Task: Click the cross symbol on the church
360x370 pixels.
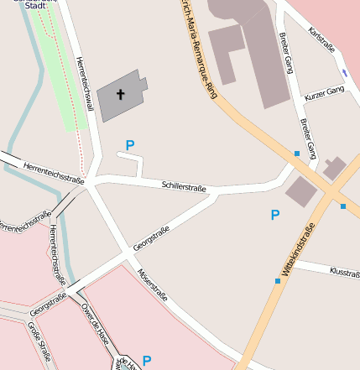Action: [x=120, y=95]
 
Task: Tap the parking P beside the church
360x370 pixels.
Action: [x=129, y=146]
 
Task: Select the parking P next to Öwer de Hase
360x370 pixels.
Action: [x=147, y=361]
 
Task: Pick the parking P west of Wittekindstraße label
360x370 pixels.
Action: [x=274, y=216]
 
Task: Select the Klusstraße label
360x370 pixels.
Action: [x=344, y=273]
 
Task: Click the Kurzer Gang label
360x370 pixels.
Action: [x=324, y=92]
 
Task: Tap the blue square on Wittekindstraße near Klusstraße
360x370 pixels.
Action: [x=278, y=281]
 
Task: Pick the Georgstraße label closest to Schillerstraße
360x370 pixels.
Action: [x=152, y=236]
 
